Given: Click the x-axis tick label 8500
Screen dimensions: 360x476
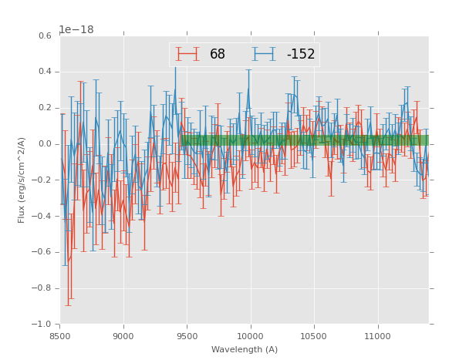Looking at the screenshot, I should [x=59, y=335].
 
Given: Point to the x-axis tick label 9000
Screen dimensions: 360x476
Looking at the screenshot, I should [x=123, y=335].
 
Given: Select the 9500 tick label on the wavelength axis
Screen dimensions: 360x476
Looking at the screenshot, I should [x=187, y=335].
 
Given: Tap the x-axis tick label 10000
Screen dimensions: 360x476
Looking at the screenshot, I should [x=251, y=335].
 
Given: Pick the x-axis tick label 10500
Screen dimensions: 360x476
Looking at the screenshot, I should [x=314, y=335].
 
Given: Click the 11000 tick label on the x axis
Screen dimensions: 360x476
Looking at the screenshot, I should [x=378, y=335].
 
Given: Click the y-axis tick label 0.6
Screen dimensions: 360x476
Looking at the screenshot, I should [x=45, y=36].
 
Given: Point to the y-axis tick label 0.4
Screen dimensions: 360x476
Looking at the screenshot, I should [x=45, y=72].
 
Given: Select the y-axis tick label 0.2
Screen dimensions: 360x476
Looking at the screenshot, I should [x=45, y=108].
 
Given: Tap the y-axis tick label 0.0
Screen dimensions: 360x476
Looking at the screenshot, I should [x=45, y=144].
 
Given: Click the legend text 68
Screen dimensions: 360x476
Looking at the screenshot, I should [x=218, y=55].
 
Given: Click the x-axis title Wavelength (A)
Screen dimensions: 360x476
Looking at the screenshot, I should [x=245, y=349].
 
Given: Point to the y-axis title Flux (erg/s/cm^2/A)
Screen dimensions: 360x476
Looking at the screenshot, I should [x=22, y=180].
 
